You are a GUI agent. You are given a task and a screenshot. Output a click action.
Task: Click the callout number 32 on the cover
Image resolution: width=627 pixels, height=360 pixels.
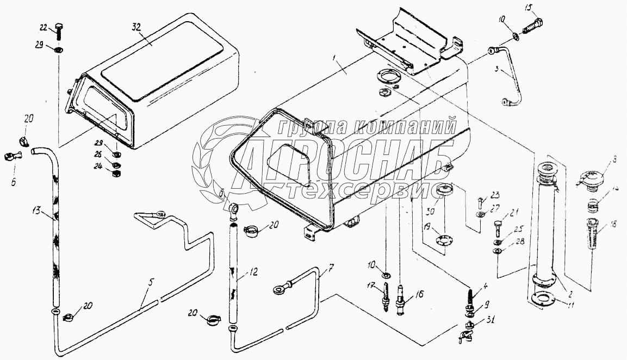click(136, 28)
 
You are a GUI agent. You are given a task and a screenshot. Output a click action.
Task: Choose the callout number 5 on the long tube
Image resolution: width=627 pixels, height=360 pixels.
click(151, 282)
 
